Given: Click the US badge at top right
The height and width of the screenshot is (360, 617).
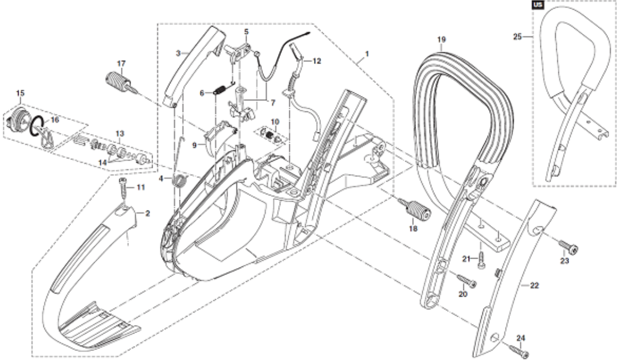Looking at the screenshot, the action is click(x=538, y=5).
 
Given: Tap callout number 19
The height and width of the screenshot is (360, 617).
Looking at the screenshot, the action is click(x=441, y=39).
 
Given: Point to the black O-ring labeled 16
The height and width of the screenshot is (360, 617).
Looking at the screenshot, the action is click(x=37, y=126).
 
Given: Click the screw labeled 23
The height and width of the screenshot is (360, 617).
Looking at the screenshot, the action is click(x=567, y=247).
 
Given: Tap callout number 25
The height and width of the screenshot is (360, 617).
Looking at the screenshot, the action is click(x=517, y=37).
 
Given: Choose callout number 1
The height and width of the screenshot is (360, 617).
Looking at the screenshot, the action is click(x=367, y=53).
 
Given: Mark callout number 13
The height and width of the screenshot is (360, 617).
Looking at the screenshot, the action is click(x=119, y=134).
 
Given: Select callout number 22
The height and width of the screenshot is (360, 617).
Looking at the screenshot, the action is click(x=534, y=285).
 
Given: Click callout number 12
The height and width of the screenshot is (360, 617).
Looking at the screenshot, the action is click(x=317, y=61).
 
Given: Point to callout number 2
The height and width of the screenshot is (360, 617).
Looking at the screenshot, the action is click(x=147, y=214).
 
